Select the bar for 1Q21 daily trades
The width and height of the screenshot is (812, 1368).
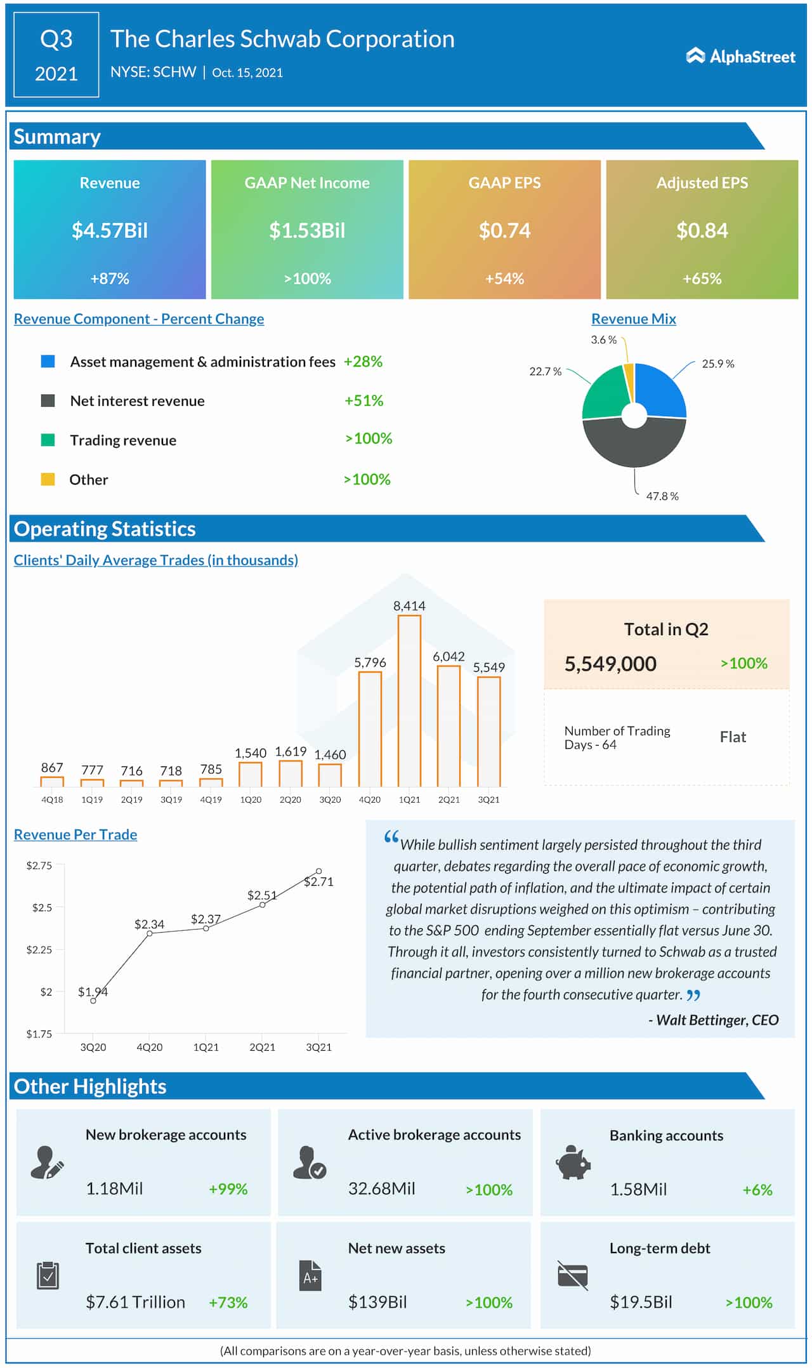(409, 700)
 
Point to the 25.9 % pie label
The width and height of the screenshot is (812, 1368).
(717, 364)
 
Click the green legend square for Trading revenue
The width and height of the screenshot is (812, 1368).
(48, 440)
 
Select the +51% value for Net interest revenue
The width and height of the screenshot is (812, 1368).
(363, 400)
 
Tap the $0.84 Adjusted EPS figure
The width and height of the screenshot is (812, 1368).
(702, 230)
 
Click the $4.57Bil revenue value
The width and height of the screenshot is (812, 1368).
(110, 230)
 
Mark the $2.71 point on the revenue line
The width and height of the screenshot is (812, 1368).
(318, 871)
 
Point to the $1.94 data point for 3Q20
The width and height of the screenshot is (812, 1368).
(93, 1001)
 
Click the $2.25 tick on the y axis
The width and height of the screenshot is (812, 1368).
(39, 949)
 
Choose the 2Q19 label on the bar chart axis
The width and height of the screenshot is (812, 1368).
(131, 799)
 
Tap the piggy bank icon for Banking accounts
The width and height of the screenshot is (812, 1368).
(573, 1162)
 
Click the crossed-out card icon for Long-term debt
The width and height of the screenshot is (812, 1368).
(573, 1275)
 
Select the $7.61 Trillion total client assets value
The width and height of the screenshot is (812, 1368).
(135, 1302)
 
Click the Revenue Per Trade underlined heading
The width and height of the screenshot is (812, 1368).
(75, 834)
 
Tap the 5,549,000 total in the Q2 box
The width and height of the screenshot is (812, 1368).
(610, 664)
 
